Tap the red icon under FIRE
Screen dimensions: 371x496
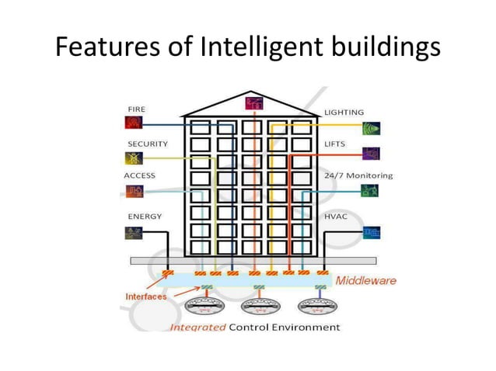[x=132, y=122]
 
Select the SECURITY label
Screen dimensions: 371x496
[x=148, y=144]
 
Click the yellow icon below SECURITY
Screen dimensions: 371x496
[x=132, y=158]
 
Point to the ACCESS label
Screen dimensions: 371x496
[x=140, y=175]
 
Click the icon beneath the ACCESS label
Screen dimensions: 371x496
[x=132, y=190]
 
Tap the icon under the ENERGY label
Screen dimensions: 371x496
[x=132, y=231]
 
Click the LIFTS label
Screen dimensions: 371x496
[x=336, y=144]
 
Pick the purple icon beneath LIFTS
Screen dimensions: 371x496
[x=372, y=153]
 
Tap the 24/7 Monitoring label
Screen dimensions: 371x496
[x=358, y=175]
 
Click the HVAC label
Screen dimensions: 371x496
[x=336, y=217]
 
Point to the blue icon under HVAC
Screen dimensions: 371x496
[x=372, y=231]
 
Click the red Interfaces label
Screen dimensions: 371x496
[x=146, y=296]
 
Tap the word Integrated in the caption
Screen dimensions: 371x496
[x=198, y=327]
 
